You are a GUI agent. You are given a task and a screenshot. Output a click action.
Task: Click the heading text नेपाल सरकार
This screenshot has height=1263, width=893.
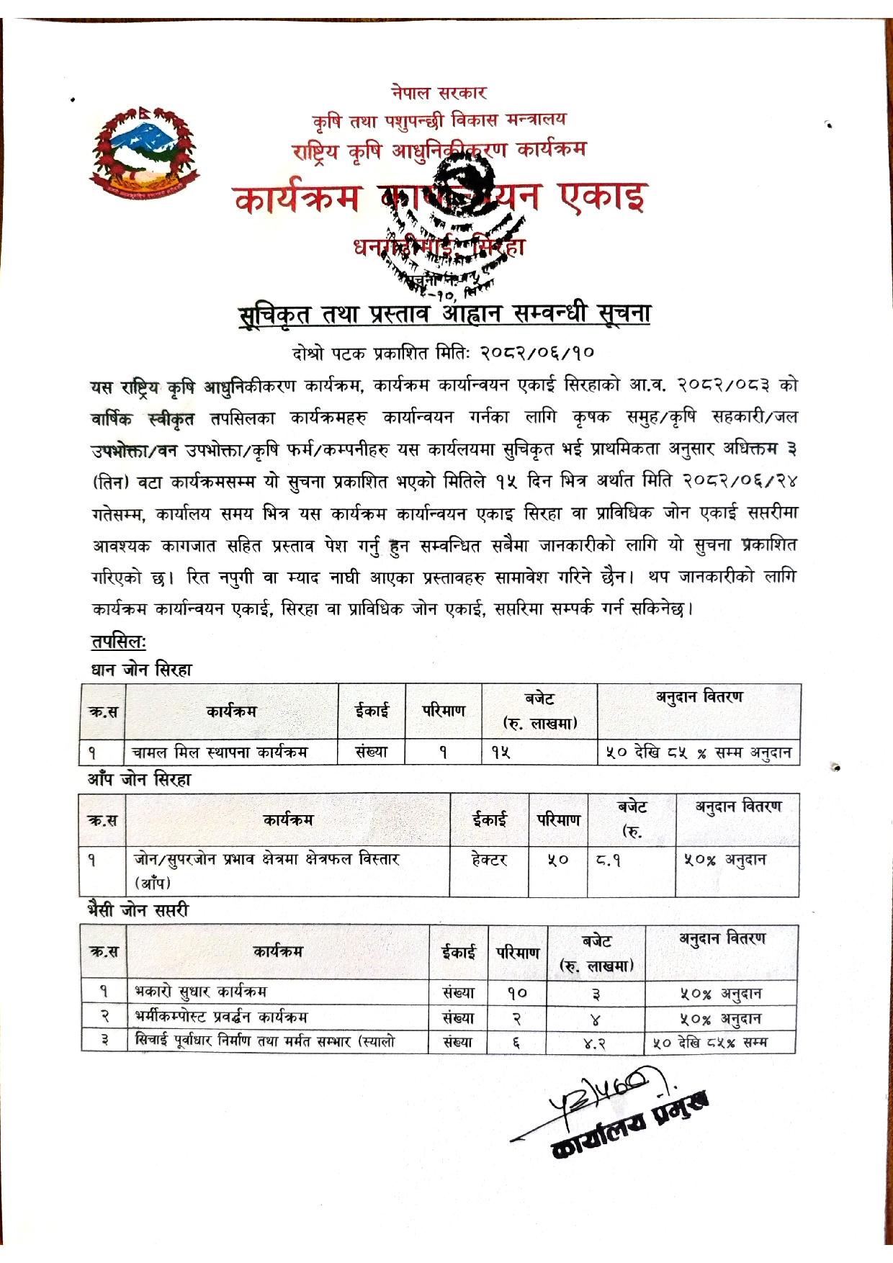click(x=439, y=93)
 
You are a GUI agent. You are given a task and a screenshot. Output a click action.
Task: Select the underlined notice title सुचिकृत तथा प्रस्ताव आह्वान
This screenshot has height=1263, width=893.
click(x=444, y=315)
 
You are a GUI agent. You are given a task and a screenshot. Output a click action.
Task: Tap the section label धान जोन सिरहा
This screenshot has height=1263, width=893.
click(x=141, y=670)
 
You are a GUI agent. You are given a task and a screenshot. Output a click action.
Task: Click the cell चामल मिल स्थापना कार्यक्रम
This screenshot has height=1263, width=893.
click(x=220, y=752)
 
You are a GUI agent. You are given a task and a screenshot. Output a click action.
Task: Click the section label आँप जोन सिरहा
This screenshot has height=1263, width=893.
click(x=139, y=779)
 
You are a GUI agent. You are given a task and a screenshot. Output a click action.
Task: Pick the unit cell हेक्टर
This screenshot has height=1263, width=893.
click(x=489, y=859)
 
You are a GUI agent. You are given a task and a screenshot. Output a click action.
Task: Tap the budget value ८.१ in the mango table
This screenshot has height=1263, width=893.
click(x=609, y=860)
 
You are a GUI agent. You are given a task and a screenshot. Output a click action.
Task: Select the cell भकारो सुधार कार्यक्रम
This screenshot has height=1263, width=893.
click(x=201, y=992)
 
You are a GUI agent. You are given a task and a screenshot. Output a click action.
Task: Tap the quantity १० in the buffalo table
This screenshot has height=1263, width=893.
click(x=517, y=993)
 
